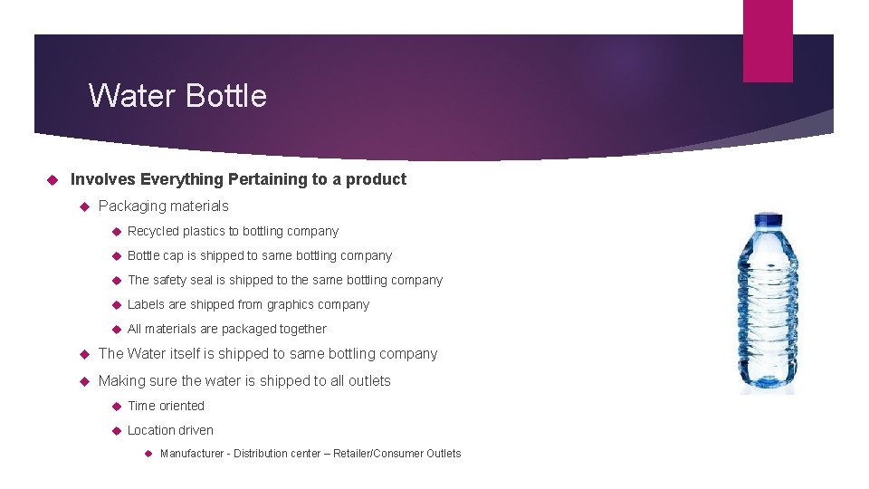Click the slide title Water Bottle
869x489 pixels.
[177, 95]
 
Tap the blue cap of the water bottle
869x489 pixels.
[768, 220]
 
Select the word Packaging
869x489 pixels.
[130, 206]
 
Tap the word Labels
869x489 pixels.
[146, 304]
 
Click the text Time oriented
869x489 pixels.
[166, 406]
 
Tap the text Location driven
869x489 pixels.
[170, 430]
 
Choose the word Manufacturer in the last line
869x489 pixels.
[192, 454]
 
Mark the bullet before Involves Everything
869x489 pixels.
[52, 179]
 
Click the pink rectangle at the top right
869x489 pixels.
[768, 41]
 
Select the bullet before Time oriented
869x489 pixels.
[115, 406]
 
